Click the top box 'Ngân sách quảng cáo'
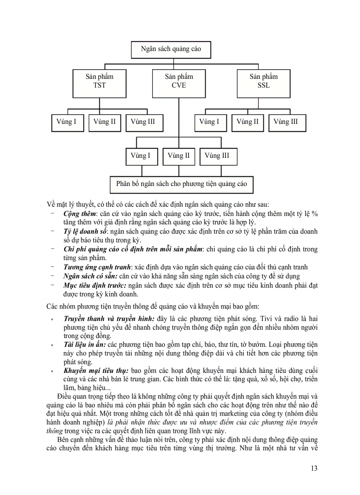click(x=171, y=49)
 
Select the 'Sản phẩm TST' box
click(x=99, y=82)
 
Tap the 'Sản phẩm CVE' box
click(x=179, y=82)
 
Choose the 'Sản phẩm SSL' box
click(x=263, y=82)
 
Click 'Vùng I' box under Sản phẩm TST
click(x=67, y=122)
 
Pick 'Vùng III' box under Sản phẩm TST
click(x=143, y=122)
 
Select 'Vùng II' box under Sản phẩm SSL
click(x=247, y=122)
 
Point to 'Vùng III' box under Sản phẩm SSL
click(x=285, y=122)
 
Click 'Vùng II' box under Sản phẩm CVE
click(x=179, y=156)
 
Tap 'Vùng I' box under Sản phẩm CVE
click(x=141, y=156)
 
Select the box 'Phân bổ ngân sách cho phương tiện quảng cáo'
click(x=181, y=184)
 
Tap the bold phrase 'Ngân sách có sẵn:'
click(x=90, y=276)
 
